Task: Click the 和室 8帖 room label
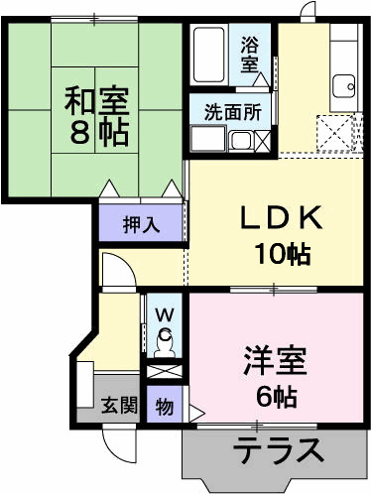(x=96, y=116)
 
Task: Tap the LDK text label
(x=281, y=217)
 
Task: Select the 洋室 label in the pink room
(x=274, y=361)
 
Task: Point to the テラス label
(x=278, y=450)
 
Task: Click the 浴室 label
(x=249, y=54)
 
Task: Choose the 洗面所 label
(x=233, y=112)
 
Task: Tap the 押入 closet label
(x=141, y=225)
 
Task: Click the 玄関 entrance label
(x=119, y=405)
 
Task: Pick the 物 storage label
(x=165, y=407)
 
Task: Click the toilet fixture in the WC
(x=165, y=344)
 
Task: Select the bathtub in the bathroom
(x=209, y=55)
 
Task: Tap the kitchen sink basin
(x=343, y=86)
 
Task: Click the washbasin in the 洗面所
(x=240, y=141)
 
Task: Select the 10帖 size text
(x=282, y=254)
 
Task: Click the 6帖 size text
(x=277, y=397)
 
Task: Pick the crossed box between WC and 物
(x=164, y=371)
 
